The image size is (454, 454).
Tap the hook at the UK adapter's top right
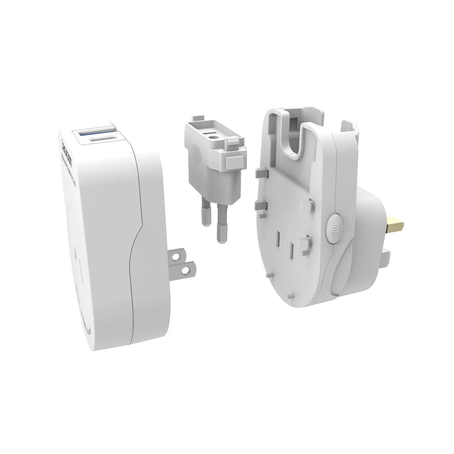(350, 126)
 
